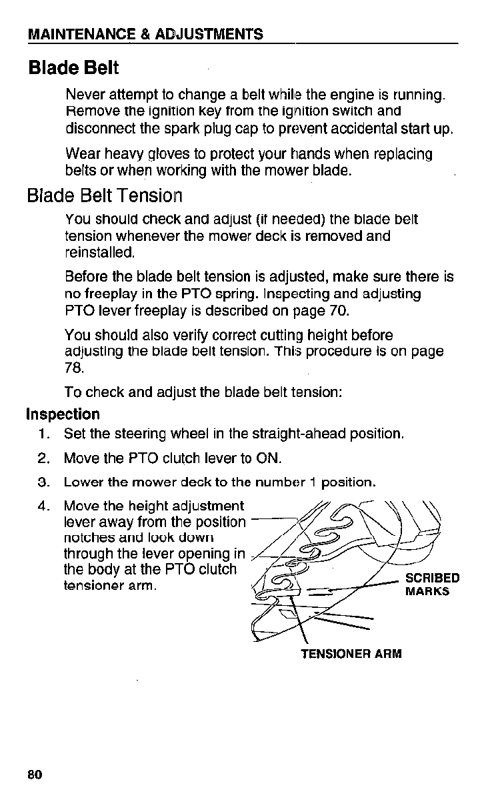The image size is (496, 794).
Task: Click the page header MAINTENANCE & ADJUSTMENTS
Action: (145, 34)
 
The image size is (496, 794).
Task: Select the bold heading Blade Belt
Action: (73, 67)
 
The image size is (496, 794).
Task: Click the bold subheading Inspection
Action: (63, 414)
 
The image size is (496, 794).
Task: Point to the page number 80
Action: (35, 775)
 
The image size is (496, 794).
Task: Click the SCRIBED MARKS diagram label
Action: (432, 584)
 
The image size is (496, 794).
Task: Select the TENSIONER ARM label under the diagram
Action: (351, 654)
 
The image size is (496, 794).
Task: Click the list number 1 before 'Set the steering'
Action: (44, 435)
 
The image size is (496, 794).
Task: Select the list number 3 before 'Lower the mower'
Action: (44, 481)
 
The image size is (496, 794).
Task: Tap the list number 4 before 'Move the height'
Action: (44, 506)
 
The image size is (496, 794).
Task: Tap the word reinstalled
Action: (100, 253)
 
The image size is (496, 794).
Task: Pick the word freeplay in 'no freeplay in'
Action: (109, 294)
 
